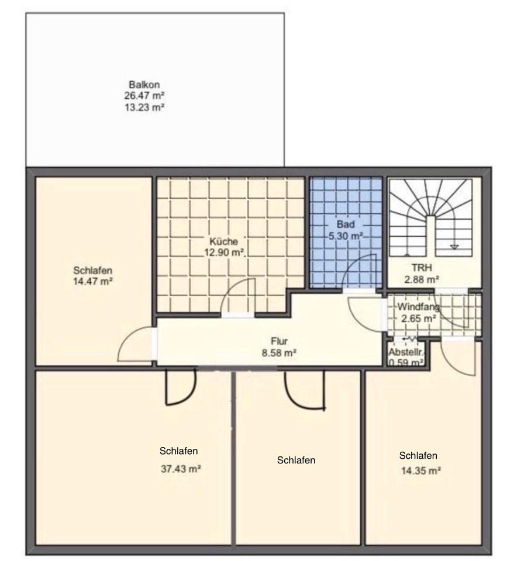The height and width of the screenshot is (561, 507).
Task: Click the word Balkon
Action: (x=144, y=85)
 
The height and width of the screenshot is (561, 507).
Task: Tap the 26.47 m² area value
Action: (x=144, y=96)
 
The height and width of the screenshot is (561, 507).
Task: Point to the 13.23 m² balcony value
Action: (x=144, y=108)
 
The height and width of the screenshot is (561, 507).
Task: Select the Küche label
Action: (x=224, y=241)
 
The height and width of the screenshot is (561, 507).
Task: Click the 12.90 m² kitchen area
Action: (x=224, y=252)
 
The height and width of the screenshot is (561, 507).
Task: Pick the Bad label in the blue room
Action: (x=346, y=224)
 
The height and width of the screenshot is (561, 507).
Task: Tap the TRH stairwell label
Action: (x=422, y=268)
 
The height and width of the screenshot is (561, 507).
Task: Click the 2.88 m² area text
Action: (x=422, y=279)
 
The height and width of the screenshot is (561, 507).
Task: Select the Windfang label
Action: (x=418, y=307)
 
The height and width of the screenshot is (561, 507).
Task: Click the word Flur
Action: (x=279, y=341)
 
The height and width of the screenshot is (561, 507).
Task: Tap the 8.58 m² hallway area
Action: (x=279, y=353)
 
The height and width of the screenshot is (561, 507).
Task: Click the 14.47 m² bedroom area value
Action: (x=93, y=282)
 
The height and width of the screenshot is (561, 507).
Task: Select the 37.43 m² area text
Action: (x=181, y=469)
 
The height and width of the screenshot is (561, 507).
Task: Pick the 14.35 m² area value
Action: (x=420, y=471)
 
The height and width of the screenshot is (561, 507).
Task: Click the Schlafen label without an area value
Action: (x=296, y=460)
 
